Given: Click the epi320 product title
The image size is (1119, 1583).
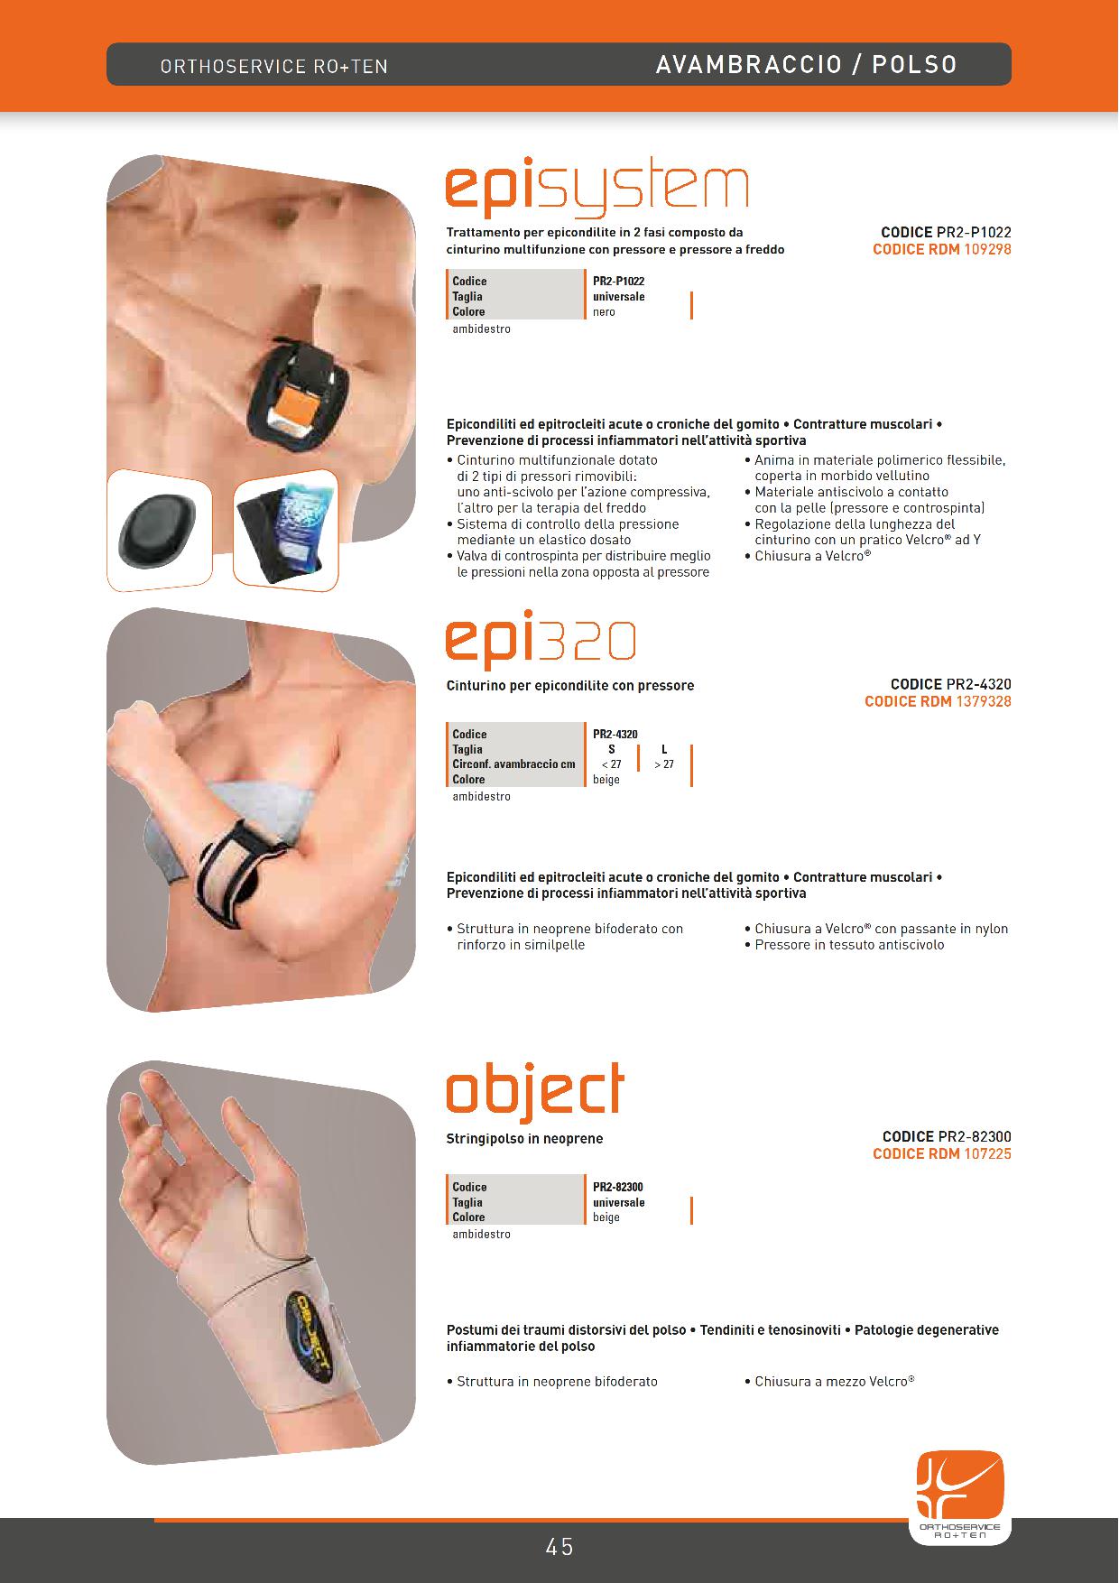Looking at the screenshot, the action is click(x=541, y=641).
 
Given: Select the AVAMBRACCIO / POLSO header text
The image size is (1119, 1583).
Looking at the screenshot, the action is click(x=807, y=65).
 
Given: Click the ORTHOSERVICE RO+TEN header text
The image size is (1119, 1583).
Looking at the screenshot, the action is click(x=274, y=67).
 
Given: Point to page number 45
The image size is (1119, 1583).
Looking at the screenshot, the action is click(x=559, y=1547).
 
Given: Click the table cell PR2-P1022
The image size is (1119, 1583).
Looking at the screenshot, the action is click(x=619, y=282).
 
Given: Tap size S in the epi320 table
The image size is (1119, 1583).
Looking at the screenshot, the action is click(x=612, y=749).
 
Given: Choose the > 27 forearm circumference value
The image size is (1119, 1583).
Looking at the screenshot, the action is click(x=664, y=764).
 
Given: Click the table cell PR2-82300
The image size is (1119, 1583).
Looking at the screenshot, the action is click(x=618, y=1187).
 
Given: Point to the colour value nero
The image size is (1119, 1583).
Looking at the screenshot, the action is click(x=604, y=312).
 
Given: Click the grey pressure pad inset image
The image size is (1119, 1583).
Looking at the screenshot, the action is click(x=160, y=532).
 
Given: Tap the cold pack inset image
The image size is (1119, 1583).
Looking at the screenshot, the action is click(x=286, y=532).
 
